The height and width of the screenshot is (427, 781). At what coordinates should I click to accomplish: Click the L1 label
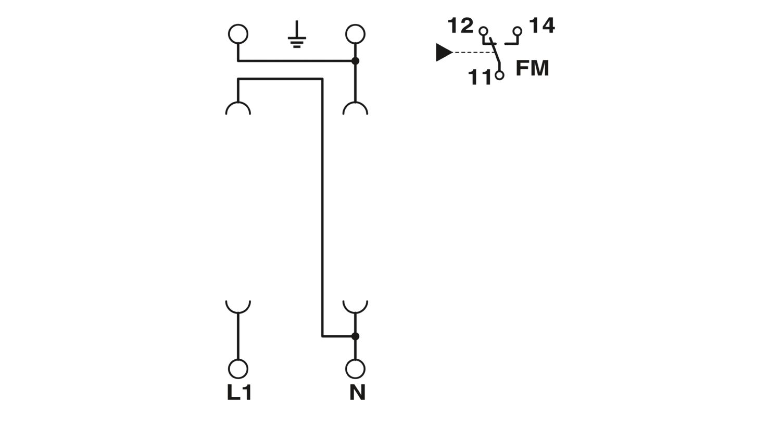point(239,393)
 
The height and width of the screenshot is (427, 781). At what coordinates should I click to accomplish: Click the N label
point(357,393)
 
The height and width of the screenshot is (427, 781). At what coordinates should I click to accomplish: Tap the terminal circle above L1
point(238,369)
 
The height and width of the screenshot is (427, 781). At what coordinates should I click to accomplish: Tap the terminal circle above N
point(355,369)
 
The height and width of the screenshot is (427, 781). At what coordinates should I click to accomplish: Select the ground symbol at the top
point(297,34)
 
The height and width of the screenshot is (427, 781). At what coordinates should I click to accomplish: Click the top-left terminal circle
point(238,34)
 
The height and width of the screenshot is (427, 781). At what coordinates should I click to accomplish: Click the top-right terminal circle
point(355,34)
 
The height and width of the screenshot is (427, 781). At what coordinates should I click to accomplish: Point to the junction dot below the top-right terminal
point(355,61)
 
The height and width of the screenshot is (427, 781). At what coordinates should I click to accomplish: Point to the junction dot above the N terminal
point(355,336)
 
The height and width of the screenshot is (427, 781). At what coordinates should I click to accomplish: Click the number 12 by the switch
point(461,26)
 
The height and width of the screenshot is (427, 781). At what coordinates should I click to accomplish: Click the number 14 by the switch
point(542,26)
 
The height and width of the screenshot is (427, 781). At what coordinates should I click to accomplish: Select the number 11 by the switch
point(480,78)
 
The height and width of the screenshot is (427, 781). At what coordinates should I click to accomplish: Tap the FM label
point(533,68)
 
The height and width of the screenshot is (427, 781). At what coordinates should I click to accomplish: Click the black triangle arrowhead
point(444,53)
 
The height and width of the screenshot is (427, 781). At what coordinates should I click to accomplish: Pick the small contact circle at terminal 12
point(483,31)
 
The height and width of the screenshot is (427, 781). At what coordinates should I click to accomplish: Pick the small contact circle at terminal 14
point(518,31)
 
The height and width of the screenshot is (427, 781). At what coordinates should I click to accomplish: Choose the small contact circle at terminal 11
point(500,75)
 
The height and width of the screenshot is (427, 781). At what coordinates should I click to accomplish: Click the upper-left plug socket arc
point(238,103)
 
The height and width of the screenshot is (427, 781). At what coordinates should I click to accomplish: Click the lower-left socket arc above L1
point(238,312)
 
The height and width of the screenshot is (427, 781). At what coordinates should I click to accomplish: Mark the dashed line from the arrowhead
point(473,53)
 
